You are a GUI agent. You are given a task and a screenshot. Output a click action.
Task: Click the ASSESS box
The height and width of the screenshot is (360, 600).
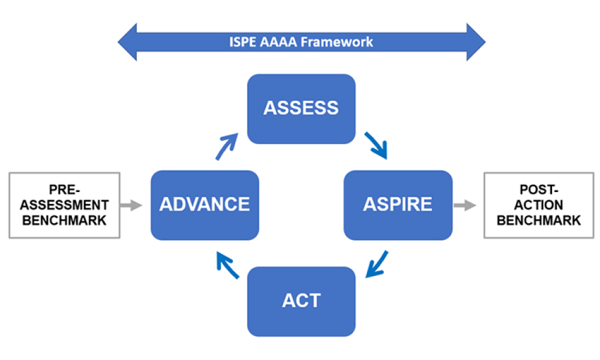coord(301,109)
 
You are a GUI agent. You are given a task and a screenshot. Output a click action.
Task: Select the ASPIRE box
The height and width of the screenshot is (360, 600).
coord(397,205)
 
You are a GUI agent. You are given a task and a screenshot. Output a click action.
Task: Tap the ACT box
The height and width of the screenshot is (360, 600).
coord(301,301)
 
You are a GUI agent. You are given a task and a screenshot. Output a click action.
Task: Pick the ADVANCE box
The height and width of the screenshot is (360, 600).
coord(205,205)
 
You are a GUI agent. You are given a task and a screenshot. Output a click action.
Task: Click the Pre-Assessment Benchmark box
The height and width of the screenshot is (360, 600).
coord(65,205)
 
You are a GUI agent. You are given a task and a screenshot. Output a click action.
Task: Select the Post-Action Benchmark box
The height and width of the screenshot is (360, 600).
coord(539,205)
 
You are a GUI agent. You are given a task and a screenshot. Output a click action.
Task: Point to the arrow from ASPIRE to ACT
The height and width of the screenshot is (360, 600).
coord(376,265)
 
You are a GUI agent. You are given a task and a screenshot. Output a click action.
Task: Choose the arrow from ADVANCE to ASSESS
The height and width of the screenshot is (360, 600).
coord(227,146)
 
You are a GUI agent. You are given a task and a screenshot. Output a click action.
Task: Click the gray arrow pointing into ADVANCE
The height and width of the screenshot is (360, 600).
coord(131,205)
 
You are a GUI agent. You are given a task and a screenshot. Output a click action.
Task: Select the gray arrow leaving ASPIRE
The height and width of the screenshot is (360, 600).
coord(464,205)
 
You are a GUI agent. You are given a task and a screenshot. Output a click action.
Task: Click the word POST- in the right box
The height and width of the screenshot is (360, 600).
coord(539,190)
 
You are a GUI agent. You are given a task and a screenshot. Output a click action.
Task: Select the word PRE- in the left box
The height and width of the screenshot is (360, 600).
coord(65,190)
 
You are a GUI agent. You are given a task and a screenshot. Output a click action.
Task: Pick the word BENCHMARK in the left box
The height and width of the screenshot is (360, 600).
coord(65,220)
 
